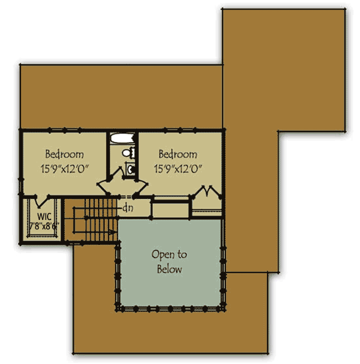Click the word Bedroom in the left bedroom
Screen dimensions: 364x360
[65, 154]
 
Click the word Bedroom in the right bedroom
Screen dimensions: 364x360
[178, 154]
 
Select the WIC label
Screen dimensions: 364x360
[44, 216]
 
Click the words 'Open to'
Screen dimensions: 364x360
[169, 255]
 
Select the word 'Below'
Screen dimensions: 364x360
[169, 269]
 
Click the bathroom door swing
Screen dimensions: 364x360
[118, 173]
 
